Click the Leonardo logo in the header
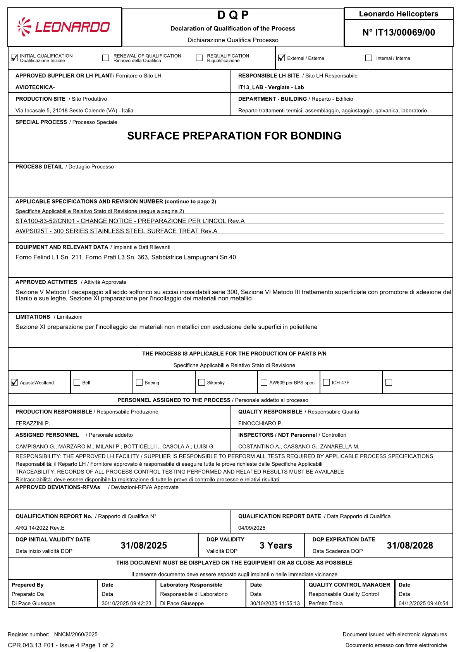click(64, 27)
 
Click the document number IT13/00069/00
click(399, 33)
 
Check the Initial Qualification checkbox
click(14, 58)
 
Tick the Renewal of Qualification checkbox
click(106, 58)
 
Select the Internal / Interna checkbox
click(368, 58)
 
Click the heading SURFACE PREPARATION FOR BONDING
click(234, 136)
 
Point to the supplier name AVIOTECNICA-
click(35, 88)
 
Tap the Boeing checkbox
click(139, 383)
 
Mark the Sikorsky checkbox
click(202, 383)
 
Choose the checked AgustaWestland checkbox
click(14, 383)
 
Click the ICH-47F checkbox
click(327, 383)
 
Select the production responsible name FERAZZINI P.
click(33, 424)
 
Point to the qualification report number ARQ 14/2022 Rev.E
click(40, 528)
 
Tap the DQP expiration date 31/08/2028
click(410, 546)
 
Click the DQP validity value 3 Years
click(276, 546)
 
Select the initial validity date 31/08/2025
click(144, 546)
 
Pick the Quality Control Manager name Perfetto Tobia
click(325, 604)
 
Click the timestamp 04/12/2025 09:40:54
click(423, 604)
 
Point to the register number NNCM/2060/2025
click(76, 635)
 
